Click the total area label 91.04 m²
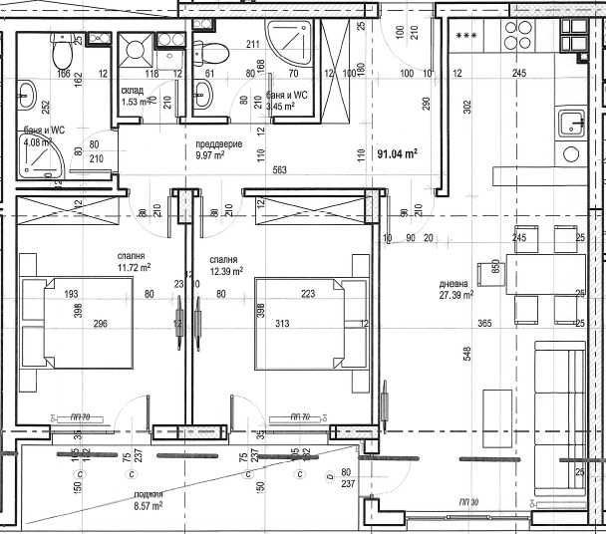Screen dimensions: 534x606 coord(397,153)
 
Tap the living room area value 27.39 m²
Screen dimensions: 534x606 coord(455,295)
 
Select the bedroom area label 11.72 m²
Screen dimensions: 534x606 coord(133,267)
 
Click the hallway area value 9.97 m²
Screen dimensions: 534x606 coord(210,155)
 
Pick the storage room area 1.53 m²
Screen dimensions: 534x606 coord(136,102)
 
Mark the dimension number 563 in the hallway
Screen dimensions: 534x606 coord(280,170)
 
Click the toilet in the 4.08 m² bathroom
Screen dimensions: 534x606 coord(62,47)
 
